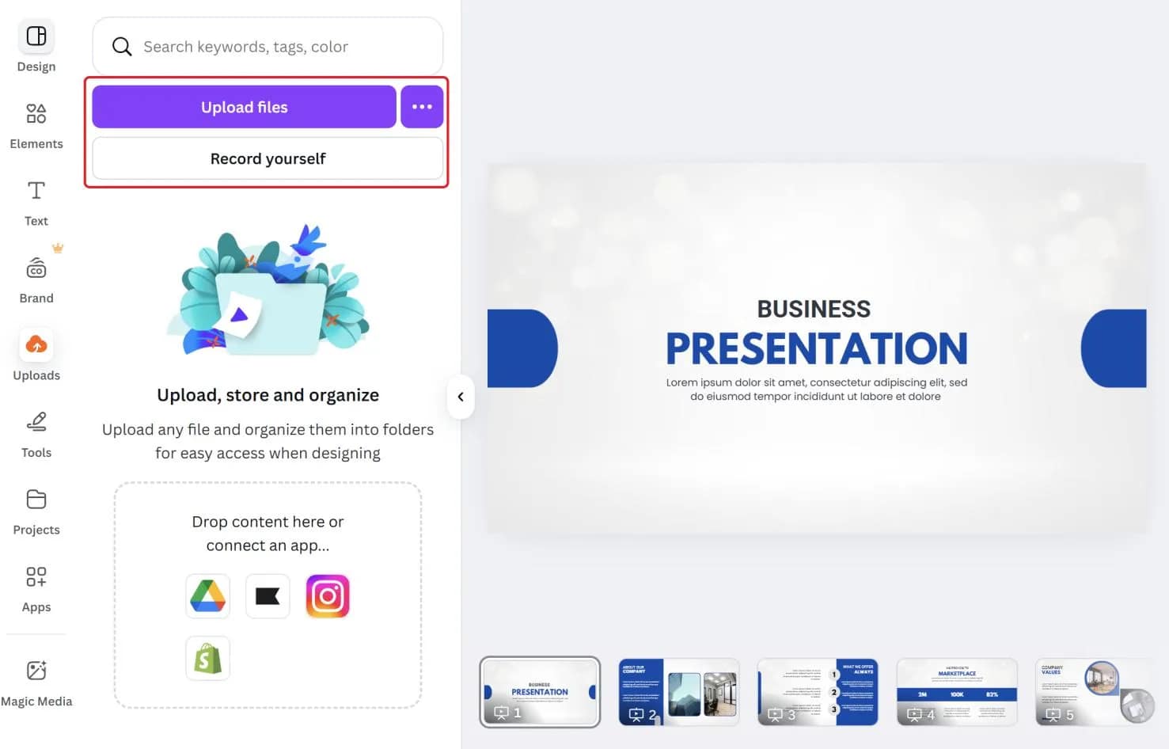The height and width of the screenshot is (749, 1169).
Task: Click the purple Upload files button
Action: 244,107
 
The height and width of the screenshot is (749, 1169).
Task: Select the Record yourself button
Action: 268,158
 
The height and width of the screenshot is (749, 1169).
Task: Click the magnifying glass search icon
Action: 122,47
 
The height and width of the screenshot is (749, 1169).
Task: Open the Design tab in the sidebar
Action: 36,37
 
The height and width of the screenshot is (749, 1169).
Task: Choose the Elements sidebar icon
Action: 36,114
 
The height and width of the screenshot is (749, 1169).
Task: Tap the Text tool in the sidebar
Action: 36,191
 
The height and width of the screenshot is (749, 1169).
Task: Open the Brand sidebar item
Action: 36,269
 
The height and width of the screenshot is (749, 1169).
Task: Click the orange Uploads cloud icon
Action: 36,345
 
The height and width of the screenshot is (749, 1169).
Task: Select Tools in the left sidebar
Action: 36,423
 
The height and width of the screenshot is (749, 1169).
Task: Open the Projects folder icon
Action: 36,500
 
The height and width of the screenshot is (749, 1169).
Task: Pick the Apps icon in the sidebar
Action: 36,577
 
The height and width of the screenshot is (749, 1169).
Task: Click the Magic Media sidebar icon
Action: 36,671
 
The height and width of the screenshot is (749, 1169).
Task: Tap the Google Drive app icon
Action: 208,596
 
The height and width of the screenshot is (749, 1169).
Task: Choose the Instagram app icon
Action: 328,596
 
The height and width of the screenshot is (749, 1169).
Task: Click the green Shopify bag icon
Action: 208,658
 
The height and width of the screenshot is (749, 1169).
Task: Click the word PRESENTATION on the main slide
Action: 817,348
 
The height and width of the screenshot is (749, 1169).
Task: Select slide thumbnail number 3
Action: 818,691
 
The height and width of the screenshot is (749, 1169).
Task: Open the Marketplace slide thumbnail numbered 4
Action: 957,691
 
